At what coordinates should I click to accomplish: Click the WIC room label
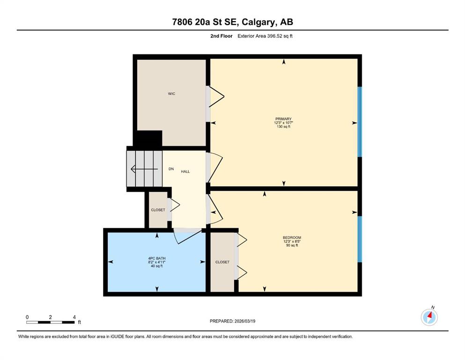click(171, 94)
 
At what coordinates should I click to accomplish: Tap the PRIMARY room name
click(283, 119)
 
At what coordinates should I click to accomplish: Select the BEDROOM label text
click(292, 238)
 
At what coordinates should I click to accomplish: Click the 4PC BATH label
click(157, 258)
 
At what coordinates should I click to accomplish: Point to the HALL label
click(185, 172)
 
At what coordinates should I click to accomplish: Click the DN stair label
click(171, 169)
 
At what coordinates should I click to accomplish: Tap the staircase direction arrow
click(144, 169)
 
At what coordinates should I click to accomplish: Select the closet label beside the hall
click(158, 210)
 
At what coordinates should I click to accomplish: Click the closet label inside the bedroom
click(222, 262)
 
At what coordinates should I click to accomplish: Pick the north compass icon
click(429, 317)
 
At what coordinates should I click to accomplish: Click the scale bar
click(51, 322)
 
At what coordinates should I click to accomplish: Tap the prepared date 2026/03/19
click(244, 321)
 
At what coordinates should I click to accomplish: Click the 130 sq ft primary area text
click(283, 127)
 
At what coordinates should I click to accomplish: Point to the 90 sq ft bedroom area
click(292, 246)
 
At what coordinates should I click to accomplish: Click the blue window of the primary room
click(360, 122)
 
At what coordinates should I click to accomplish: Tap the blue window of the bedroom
click(360, 239)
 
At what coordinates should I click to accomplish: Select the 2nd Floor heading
click(221, 36)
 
